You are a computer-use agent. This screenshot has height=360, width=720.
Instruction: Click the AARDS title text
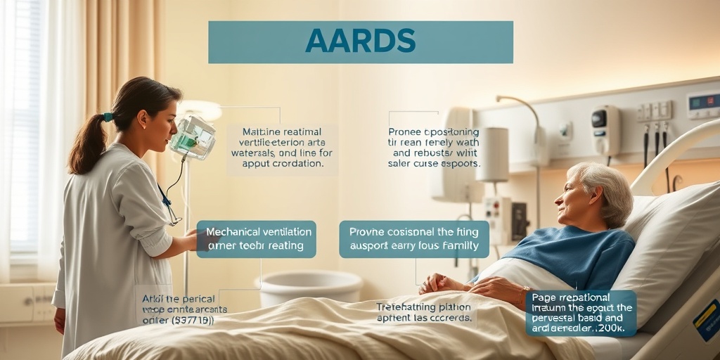pyautogui.click(x=360, y=41)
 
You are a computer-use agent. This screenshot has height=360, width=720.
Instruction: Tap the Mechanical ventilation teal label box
pyautogui.click(x=256, y=239)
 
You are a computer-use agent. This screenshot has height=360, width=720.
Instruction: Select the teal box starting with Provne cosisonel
pyautogui.click(x=413, y=239)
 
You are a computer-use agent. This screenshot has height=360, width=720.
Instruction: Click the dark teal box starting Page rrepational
pyautogui.click(x=581, y=313)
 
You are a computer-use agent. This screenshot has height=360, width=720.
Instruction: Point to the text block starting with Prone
pyautogui.click(x=434, y=148)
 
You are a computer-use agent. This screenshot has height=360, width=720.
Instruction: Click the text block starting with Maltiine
pyautogui.click(x=282, y=148)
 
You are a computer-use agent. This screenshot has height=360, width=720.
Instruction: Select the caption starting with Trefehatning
pyautogui.click(x=425, y=312)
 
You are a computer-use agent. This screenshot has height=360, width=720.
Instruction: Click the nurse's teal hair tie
pyautogui.click(x=108, y=117)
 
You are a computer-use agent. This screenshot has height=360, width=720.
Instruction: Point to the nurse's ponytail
pyautogui.click(x=89, y=144)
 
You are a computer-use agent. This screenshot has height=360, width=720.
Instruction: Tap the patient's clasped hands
pyautogui.click(x=439, y=283)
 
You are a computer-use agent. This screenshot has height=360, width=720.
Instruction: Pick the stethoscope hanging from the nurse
pyautogui.click(x=168, y=205)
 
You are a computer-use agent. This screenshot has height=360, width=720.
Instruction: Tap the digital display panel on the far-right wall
pyautogui.click(x=702, y=105)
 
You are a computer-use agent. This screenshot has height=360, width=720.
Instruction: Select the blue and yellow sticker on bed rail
pyautogui.click(x=707, y=320)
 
